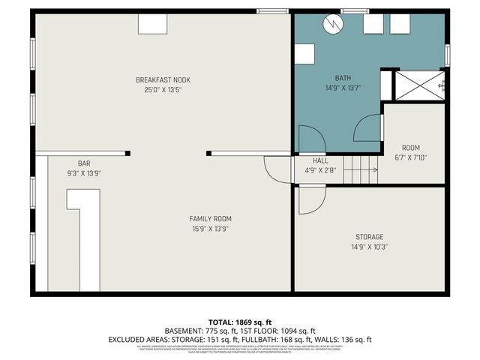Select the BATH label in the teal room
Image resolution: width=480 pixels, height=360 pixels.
click(x=343, y=77)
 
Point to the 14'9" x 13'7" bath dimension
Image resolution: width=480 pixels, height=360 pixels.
click(x=343, y=87)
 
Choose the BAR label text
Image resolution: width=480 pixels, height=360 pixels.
click(x=84, y=163)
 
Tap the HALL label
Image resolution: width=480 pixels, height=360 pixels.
click(x=320, y=160)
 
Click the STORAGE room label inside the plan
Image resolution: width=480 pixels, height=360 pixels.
click(x=369, y=237)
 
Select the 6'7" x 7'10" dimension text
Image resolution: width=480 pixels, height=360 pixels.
click(x=410, y=157)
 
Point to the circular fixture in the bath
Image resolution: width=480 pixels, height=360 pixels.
click(x=331, y=25)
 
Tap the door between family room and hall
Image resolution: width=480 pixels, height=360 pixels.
click(x=277, y=168)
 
